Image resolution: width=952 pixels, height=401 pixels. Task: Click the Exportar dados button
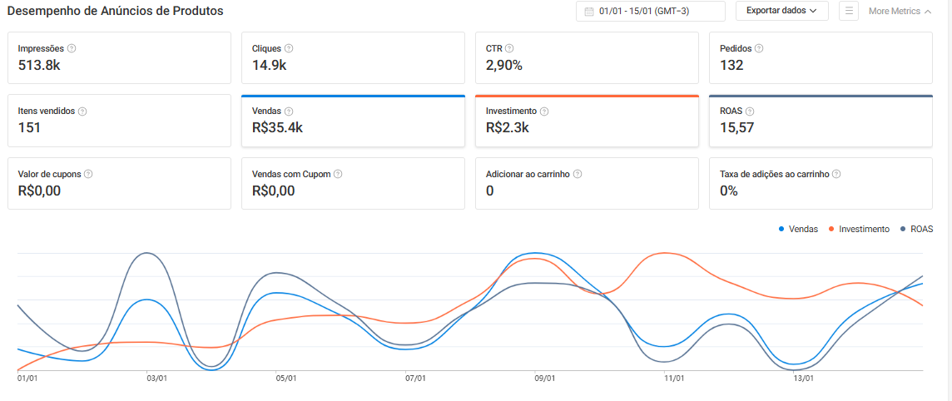click(x=782, y=11)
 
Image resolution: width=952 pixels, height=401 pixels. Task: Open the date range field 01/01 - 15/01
click(x=650, y=11)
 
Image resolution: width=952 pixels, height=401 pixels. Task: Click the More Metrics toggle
click(x=900, y=11)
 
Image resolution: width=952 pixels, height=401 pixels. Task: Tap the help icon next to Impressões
click(x=72, y=48)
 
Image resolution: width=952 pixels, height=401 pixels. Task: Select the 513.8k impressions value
click(x=39, y=65)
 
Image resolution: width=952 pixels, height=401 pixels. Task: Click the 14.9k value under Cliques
click(x=269, y=65)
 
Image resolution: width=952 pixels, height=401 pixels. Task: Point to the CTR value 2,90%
click(x=504, y=65)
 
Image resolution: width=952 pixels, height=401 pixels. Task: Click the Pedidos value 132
click(x=731, y=65)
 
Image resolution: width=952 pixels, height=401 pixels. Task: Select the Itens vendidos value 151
click(x=29, y=128)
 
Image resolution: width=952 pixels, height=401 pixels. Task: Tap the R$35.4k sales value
click(x=276, y=128)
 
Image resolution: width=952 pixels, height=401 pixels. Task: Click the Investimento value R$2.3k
click(x=508, y=128)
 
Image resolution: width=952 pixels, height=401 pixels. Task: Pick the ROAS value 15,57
click(x=737, y=128)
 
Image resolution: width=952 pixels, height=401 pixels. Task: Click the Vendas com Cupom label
click(x=291, y=174)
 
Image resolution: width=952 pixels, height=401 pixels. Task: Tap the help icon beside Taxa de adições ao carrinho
click(x=836, y=174)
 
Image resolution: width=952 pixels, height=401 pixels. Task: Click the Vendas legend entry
click(x=798, y=230)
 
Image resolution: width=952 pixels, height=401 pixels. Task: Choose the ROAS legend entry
click(x=916, y=230)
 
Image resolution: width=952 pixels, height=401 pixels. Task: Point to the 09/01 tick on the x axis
click(x=545, y=378)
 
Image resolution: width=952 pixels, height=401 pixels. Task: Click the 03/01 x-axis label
click(x=157, y=378)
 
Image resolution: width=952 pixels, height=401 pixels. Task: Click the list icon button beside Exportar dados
click(x=849, y=11)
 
